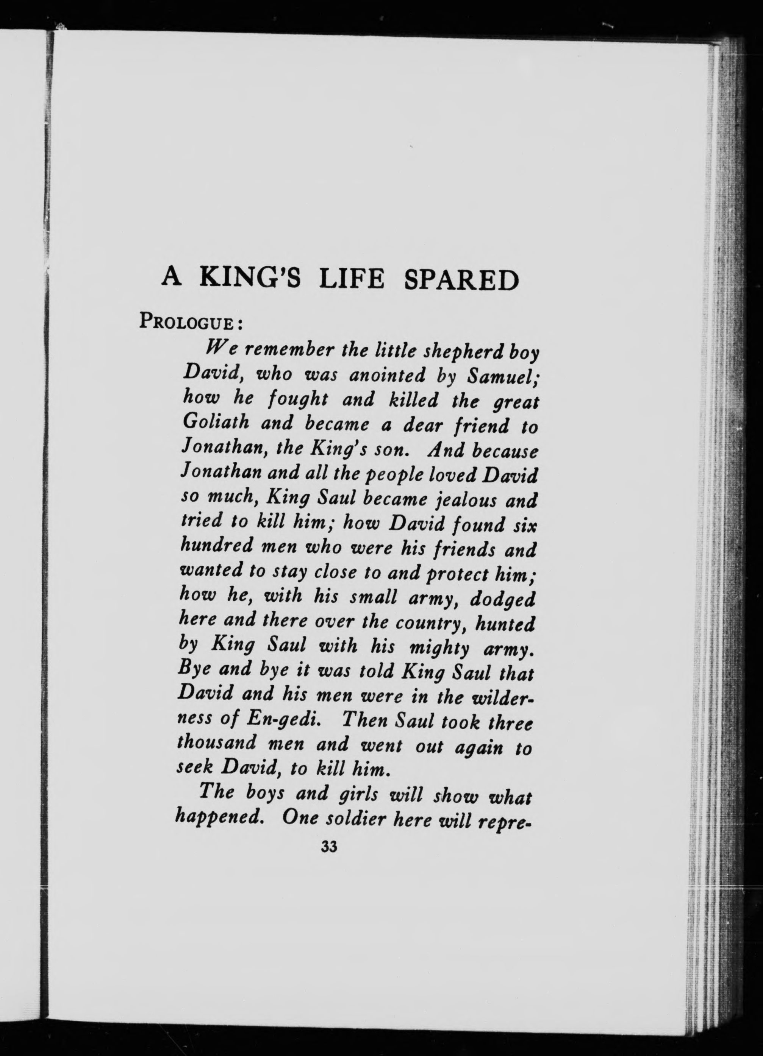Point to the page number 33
(x=329, y=847)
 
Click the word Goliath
(x=215, y=423)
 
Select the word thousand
(x=217, y=743)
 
